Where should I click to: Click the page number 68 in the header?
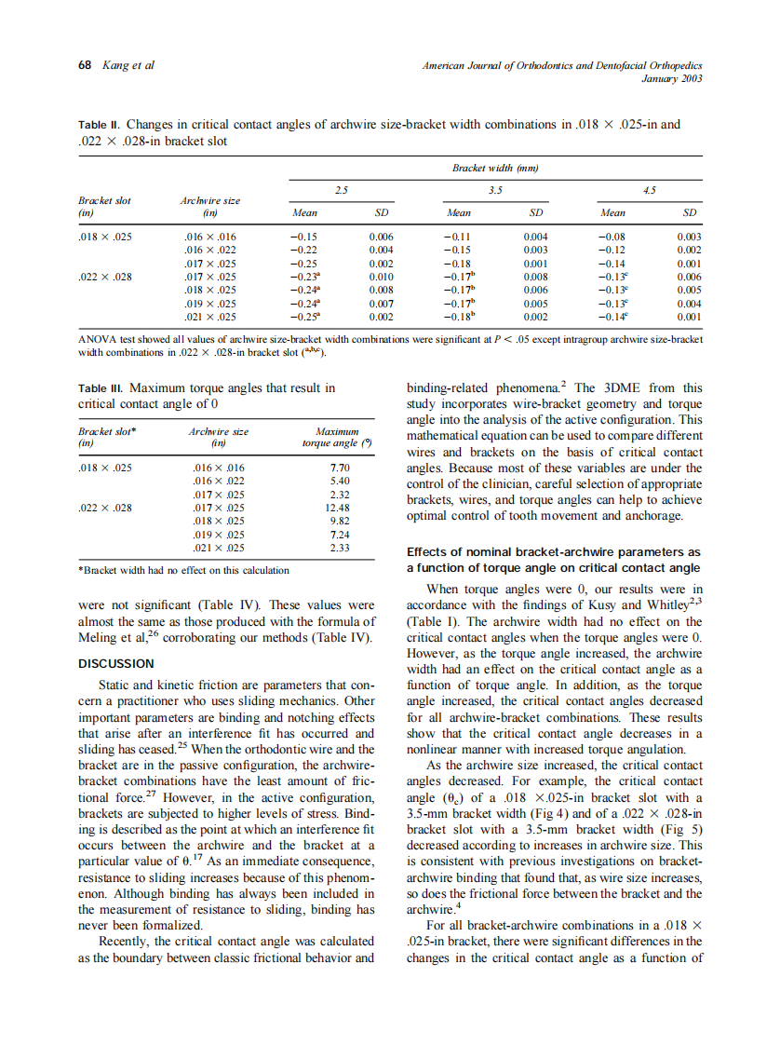click(x=84, y=65)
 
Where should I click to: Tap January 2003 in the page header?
click(x=672, y=78)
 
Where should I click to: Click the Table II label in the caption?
click(x=100, y=125)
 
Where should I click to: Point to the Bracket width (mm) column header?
click(x=496, y=168)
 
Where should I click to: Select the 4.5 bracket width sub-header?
click(x=650, y=189)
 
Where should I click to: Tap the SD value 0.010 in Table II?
click(x=381, y=277)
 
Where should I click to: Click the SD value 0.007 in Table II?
click(x=381, y=304)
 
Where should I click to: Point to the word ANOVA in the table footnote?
click(x=98, y=340)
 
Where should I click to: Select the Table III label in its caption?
click(x=101, y=387)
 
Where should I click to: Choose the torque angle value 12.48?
click(x=339, y=508)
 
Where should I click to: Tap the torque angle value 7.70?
click(x=340, y=468)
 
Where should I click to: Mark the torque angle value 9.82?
click(x=340, y=522)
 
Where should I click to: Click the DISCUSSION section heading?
click(x=115, y=663)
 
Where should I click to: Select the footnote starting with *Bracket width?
click(x=182, y=570)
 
